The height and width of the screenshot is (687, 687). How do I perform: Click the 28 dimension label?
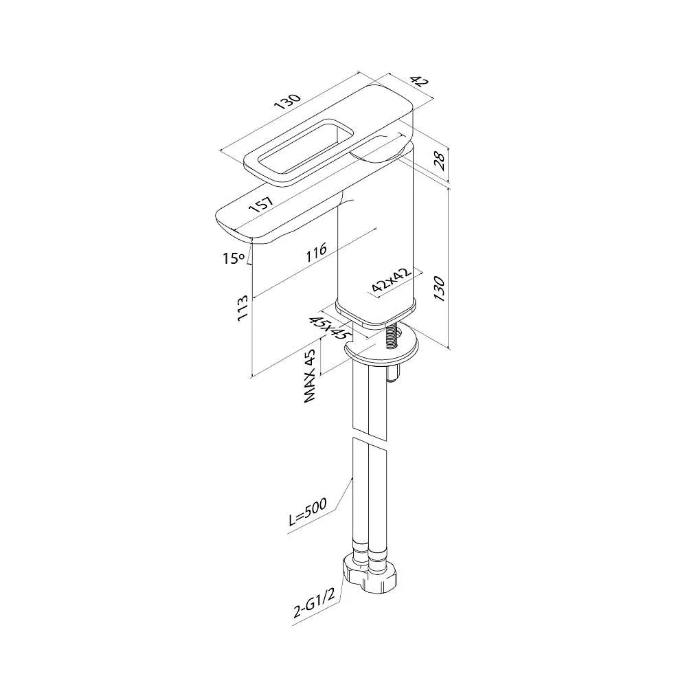click(x=439, y=159)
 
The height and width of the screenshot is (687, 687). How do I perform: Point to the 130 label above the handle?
click(x=286, y=101)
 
